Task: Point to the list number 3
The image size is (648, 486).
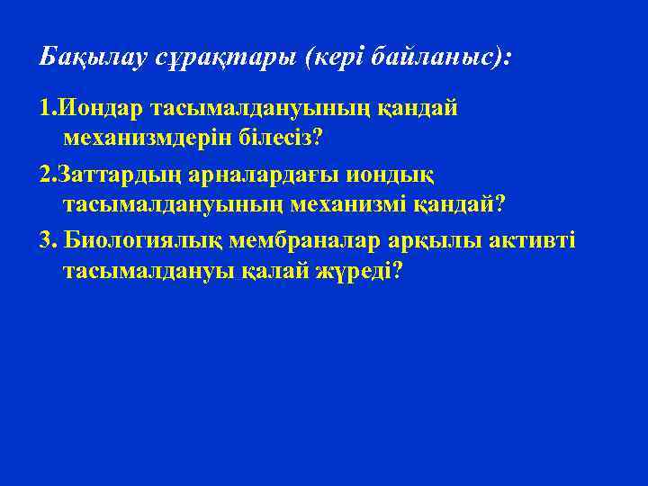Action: click(x=47, y=240)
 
